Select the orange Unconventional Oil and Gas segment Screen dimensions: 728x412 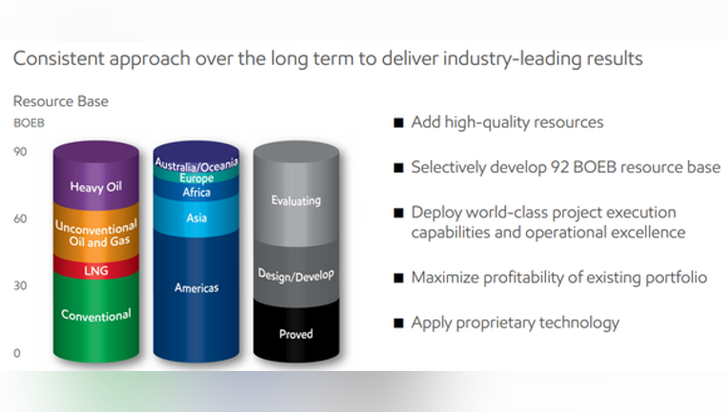pyautogui.click(x=96, y=232)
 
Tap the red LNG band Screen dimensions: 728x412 pyautogui.click(x=96, y=270)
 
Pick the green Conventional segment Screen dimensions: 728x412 pyautogui.click(x=96, y=317)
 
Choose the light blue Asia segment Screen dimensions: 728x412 pyautogui.click(x=196, y=217)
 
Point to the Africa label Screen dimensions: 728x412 pyautogui.click(x=196, y=193)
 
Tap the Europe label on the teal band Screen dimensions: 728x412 pyautogui.click(x=197, y=178)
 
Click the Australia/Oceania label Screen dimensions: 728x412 pyautogui.click(x=196, y=164)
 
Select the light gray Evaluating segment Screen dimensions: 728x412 pyautogui.click(x=296, y=195)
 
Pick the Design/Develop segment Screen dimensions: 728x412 pyautogui.click(x=296, y=273)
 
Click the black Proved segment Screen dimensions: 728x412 pyautogui.click(x=296, y=331)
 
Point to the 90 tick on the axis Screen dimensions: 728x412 pyautogui.click(x=20, y=152)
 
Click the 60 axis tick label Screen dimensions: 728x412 pyautogui.click(x=20, y=218)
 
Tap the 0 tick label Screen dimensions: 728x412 pyautogui.click(x=17, y=353)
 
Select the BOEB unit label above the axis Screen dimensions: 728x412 pyautogui.click(x=29, y=123)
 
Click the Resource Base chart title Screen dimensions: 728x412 pyautogui.click(x=61, y=101)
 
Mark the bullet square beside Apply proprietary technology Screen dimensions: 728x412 pyautogui.click(x=398, y=322)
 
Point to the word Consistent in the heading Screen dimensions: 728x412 pyautogui.click(x=59, y=58)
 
